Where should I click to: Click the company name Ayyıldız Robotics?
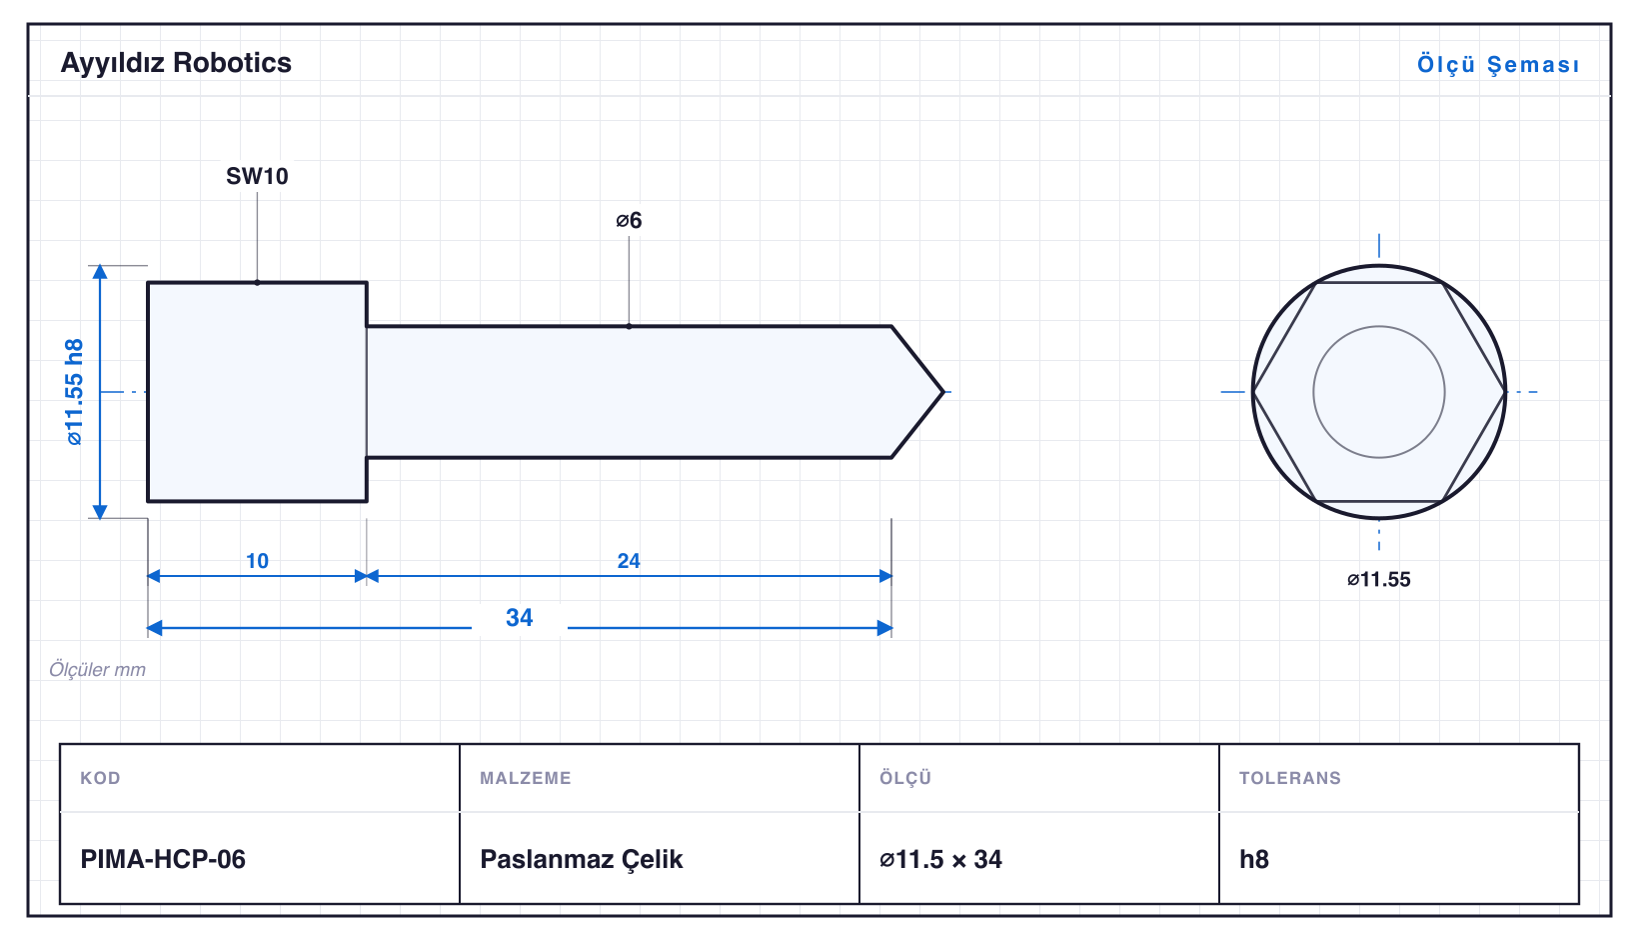[x=176, y=64]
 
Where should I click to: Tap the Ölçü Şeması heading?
[x=1498, y=64]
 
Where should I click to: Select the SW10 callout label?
[x=257, y=176]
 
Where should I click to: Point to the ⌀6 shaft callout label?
[x=629, y=220]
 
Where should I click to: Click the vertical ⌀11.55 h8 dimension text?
[x=75, y=392]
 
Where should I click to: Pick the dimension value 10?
[x=257, y=561]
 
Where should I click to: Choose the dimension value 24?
[x=629, y=561]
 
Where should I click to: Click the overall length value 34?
[x=520, y=618]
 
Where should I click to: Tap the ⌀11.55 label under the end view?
[x=1378, y=580]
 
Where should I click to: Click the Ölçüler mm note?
[x=97, y=669]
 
